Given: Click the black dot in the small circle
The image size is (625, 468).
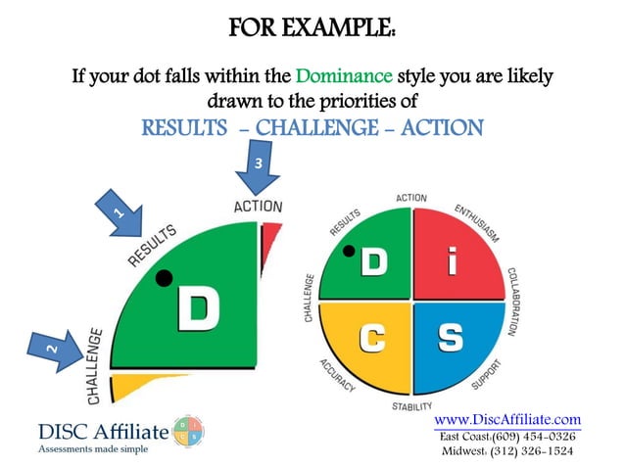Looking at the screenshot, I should tap(348, 251).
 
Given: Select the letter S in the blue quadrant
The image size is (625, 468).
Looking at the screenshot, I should tap(449, 337).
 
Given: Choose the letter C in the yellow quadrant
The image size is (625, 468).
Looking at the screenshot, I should tap(371, 337).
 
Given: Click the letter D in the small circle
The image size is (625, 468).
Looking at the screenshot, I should tap(373, 261).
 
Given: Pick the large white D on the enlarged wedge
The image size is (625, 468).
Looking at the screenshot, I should tap(198, 308).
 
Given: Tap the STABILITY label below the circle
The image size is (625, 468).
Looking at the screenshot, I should tap(411, 404).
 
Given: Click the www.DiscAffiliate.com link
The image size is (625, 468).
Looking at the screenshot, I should tap(506, 419).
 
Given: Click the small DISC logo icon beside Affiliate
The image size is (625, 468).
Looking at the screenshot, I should tap(189, 431).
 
